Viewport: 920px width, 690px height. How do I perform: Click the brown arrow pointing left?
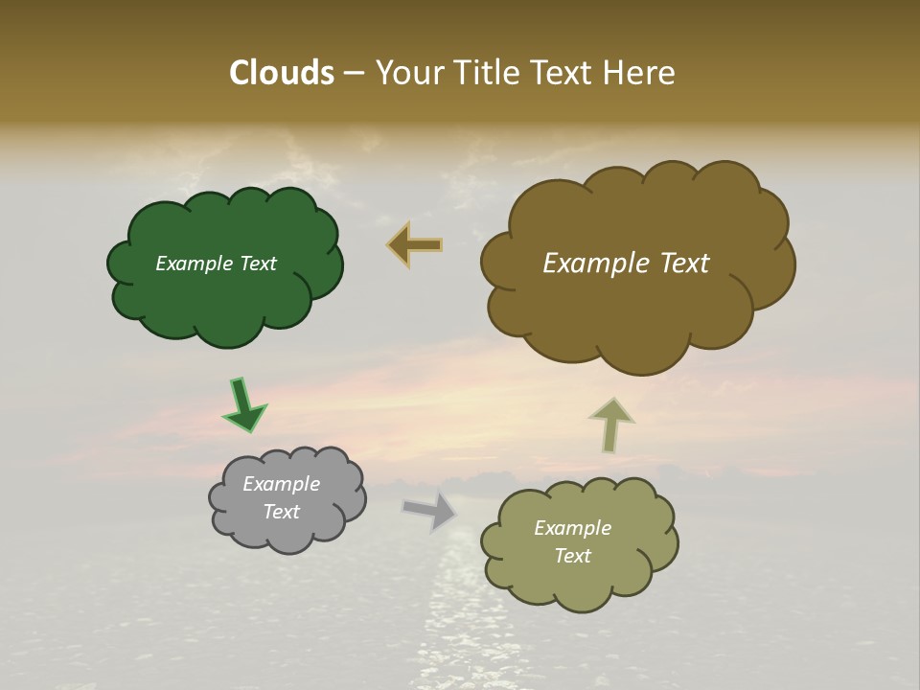pos(414,245)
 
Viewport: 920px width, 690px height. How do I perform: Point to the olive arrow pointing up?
pos(610,425)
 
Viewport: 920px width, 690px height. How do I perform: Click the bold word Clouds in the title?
pos(281,73)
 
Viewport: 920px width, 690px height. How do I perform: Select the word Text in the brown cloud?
pos(685,264)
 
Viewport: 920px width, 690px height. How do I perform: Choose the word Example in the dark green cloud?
pos(194,264)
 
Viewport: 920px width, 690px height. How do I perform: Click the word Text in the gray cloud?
pos(282,512)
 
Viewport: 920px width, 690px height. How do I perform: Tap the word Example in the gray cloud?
pos(282,484)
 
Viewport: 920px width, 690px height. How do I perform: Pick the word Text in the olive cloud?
pos(572,556)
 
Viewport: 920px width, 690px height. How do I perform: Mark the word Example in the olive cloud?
pos(572,528)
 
